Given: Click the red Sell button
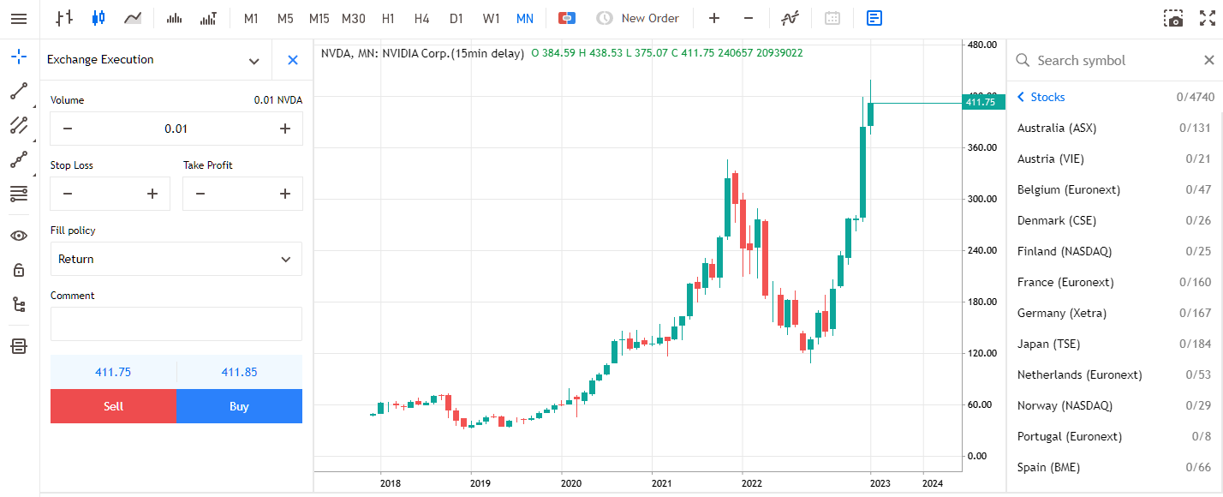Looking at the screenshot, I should click(x=113, y=406).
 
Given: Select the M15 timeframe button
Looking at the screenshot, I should click(x=319, y=18).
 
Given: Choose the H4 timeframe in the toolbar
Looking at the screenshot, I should click(x=421, y=18).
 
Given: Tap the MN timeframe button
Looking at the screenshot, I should click(x=525, y=18).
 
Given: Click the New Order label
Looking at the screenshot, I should click(x=650, y=18).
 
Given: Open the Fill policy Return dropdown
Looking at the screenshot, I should click(x=176, y=259).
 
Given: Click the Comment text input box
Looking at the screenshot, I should click(x=176, y=324).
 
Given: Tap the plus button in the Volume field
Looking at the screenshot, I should click(x=285, y=129).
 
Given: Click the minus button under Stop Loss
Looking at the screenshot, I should click(x=68, y=194).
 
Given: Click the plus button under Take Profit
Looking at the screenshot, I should click(x=285, y=194).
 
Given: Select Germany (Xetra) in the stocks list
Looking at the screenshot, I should click(x=1062, y=313).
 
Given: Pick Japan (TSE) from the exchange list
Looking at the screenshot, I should click(x=1049, y=344).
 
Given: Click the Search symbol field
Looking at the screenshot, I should click(x=1105, y=60).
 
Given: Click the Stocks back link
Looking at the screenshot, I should click(x=1041, y=97).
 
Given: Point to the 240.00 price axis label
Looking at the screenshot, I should click(x=981, y=250).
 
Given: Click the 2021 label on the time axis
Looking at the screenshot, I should click(x=661, y=483).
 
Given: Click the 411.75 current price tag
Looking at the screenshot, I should click(x=981, y=102).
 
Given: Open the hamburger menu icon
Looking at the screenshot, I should click(x=19, y=18).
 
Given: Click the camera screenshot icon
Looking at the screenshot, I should click(x=1173, y=18).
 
